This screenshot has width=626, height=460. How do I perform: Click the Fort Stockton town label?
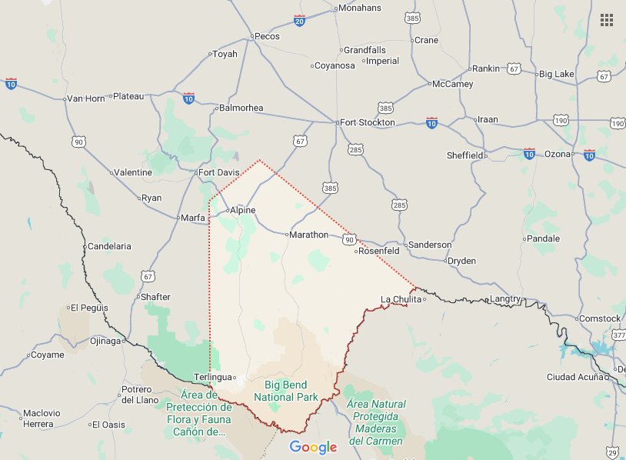tap(368, 122)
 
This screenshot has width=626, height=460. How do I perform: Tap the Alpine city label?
tap(242, 210)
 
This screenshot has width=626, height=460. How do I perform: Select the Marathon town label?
tap(308, 235)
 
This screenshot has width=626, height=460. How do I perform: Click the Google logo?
tap(313, 447)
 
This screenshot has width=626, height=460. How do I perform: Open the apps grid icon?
tap(607, 20)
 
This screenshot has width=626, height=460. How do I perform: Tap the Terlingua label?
tap(212, 377)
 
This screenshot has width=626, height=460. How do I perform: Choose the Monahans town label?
tap(360, 8)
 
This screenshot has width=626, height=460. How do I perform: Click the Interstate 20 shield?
tap(299, 20)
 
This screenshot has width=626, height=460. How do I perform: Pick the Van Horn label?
tap(85, 98)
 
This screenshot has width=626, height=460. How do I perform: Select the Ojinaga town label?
tap(106, 341)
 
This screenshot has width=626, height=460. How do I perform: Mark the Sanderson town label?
tap(430, 245)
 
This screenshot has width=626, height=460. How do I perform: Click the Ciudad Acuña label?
tap(576, 376)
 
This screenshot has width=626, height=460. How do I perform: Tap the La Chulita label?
tap(401, 299)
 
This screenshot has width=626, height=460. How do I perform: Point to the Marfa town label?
tap(192, 218)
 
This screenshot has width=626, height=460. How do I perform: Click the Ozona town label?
tap(558, 154)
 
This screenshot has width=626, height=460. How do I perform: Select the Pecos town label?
tap(267, 36)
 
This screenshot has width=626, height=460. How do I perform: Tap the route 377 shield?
tap(619, 335)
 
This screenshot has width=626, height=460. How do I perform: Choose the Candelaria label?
tap(110, 246)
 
